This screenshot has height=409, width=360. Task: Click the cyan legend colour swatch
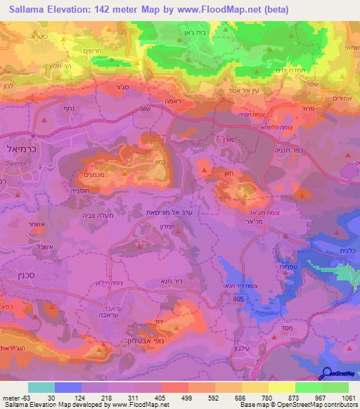pyautogui.click(x=41, y=387)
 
